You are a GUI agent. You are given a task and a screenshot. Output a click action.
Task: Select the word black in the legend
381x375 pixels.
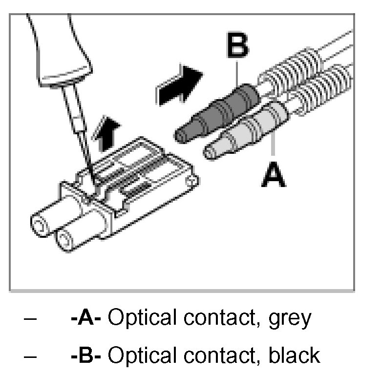click(x=295, y=355)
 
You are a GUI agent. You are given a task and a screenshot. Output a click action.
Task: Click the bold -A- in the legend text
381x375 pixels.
click(x=86, y=318)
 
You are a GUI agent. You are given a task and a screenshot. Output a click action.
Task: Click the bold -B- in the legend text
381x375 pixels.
click(x=86, y=355)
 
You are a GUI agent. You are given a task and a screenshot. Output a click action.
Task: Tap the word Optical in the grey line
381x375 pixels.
click(x=139, y=318)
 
